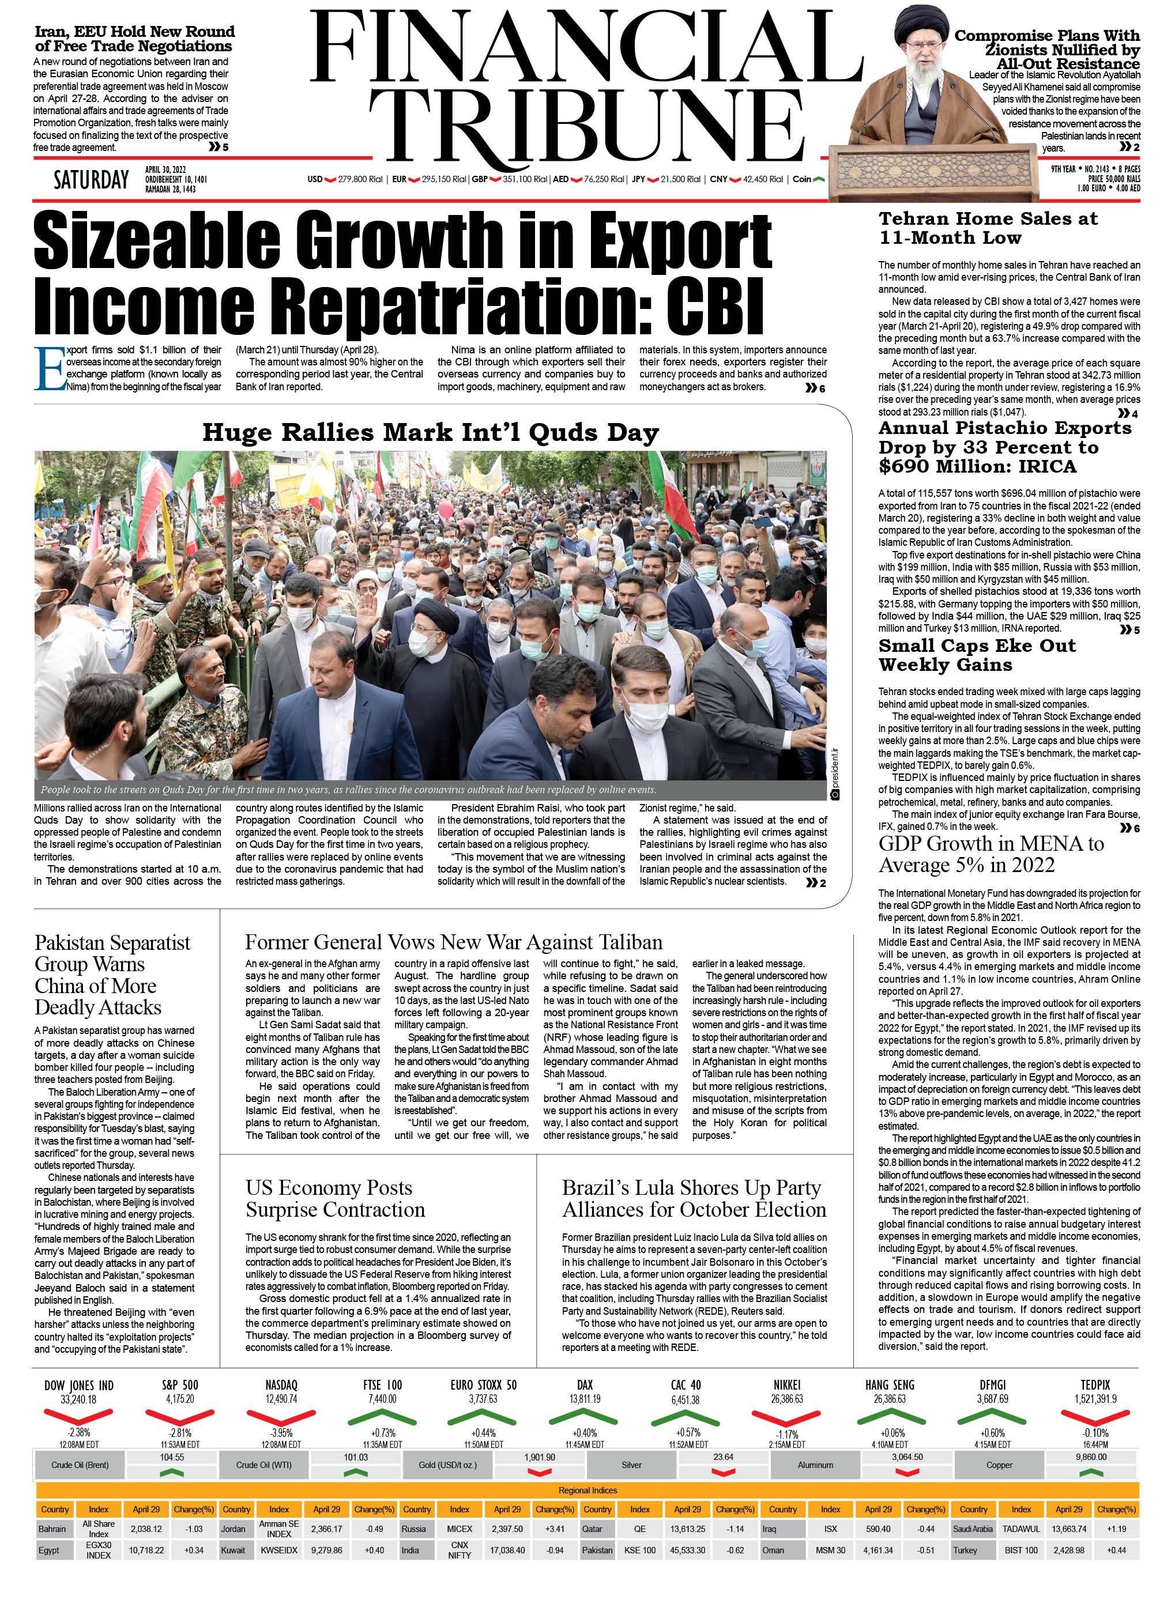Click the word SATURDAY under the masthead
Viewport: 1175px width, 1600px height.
coord(91,180)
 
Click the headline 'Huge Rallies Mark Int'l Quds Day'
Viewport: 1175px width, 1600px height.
coord(430,432)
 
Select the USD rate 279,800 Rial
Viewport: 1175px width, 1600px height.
coord(360,179)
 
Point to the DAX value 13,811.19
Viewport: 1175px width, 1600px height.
coord(585,1399)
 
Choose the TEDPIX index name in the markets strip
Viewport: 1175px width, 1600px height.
coord(1095,1384)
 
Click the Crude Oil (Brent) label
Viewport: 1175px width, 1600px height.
coord(80,1465)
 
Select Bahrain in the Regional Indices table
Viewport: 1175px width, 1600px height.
coord(52,1529)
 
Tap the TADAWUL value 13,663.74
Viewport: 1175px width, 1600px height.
coord(1069,1529)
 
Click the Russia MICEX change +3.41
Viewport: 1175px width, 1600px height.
coord(555,1529)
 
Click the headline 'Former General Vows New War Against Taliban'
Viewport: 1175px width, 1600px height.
coord(454,942)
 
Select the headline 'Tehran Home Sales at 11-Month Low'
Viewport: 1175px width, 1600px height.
coord(988,228)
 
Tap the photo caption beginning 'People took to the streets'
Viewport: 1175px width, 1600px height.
coord(348,789)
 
